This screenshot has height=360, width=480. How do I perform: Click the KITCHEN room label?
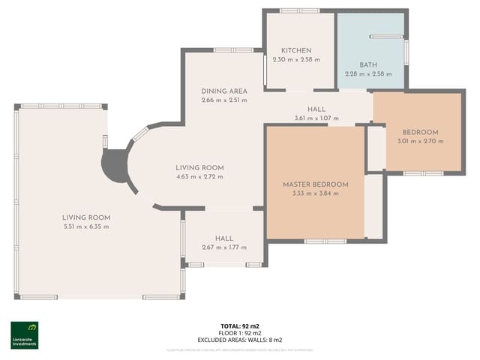coord(296,50)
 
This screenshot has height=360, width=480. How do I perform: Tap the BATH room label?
coord(368,65)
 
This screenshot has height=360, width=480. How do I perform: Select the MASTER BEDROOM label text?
coord(315,184)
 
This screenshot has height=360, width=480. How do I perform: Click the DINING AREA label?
coord(223,91)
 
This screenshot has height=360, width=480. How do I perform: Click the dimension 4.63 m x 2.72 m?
coord(199,177)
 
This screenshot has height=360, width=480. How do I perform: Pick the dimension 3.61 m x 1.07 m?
coord(316,118)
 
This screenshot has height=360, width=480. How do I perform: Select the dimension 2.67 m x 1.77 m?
coord(223,247)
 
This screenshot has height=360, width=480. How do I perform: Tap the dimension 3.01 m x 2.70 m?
coord(418,141)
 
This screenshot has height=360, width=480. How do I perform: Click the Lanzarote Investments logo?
coord(24,334)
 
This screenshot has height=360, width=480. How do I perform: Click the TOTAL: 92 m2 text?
coord(240,326)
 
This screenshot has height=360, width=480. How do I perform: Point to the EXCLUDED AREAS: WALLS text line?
coord(240,339)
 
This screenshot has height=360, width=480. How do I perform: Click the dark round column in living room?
coord(116,166)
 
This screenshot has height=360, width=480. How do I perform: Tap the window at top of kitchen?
coord(298,10)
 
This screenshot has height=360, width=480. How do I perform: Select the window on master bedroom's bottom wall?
coord(325,241)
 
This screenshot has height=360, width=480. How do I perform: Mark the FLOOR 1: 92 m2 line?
coord(240,333)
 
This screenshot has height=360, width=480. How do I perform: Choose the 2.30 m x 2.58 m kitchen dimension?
coord(296,59)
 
